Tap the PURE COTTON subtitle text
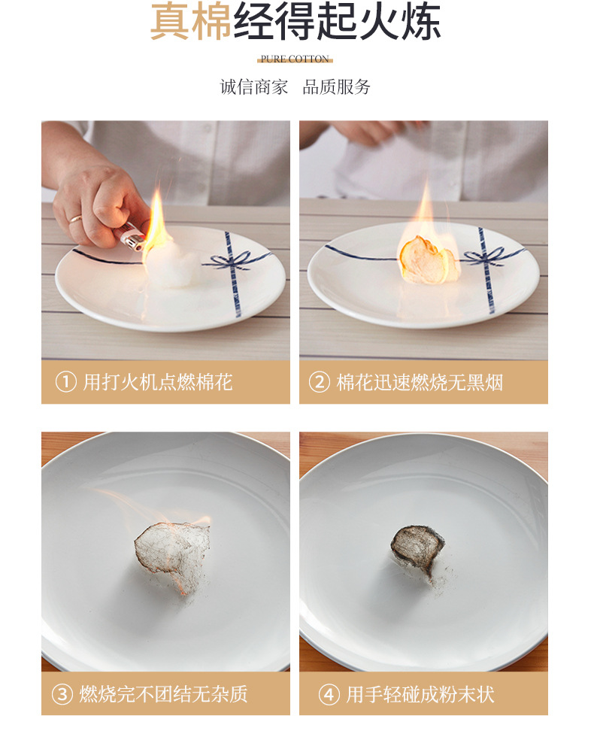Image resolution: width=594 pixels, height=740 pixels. click(295, 59)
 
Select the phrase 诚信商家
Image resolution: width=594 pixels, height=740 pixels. click(253, 87)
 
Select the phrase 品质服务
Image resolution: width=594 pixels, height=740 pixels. click(337, 87)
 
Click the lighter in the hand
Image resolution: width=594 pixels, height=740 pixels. click(132, 237)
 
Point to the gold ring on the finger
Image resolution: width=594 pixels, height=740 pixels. click(76, 219)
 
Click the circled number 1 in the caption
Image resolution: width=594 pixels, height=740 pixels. click(66, 382)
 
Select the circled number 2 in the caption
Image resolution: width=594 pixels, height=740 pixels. click(320, 382)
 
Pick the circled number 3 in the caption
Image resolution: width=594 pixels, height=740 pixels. click(62, 694)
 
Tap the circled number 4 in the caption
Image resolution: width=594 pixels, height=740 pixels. click(329, 694)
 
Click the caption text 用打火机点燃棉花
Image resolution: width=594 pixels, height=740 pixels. click(158, 382)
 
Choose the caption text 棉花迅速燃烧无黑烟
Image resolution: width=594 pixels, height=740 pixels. click(420, 382)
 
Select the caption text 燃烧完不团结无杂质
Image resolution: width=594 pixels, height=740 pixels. click(163, 694)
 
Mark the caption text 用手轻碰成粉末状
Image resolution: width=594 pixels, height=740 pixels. click(420, 694)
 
